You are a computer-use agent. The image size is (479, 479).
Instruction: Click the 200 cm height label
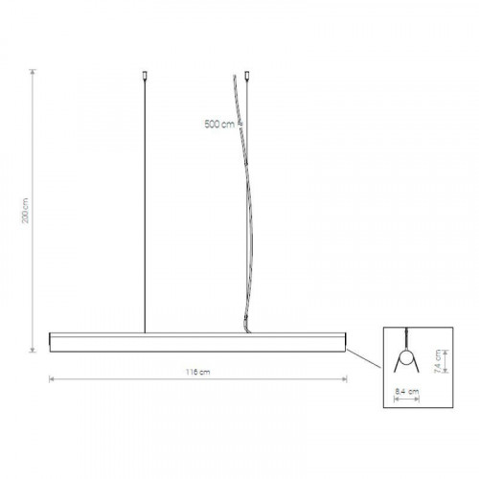point(26,211)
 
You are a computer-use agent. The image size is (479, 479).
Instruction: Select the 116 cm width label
point(198,372)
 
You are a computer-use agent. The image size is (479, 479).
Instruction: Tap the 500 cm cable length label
point(219,124)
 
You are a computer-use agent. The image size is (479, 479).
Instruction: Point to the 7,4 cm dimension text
point(438,361)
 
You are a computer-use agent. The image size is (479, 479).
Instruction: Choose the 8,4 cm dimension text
point(407,391)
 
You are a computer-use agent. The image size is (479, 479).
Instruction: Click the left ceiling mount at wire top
point(145,76)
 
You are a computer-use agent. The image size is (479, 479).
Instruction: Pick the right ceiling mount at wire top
point(246,76)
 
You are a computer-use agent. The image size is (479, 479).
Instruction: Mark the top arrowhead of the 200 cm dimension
point(33,72)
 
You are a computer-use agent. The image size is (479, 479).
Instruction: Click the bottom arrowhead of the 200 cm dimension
point(33,350)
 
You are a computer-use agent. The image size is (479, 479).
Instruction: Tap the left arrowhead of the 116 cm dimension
point(52,379)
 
